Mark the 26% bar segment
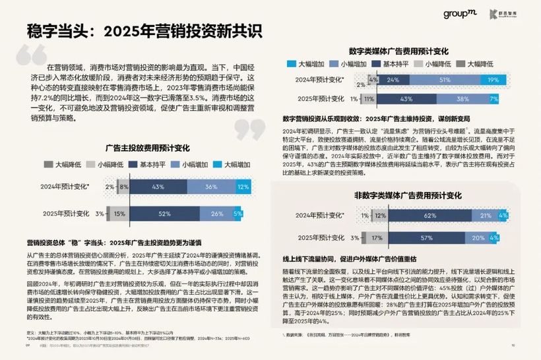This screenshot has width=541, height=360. point(217,214)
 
